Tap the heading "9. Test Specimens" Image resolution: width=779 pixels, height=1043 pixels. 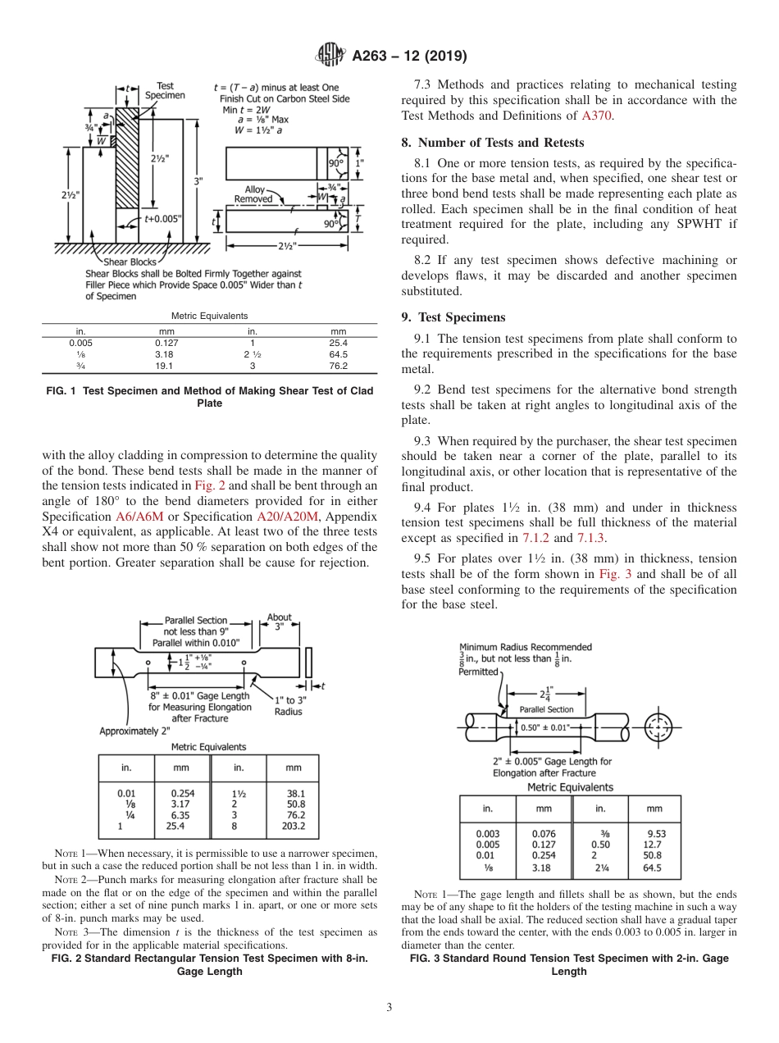(x=453, y=317)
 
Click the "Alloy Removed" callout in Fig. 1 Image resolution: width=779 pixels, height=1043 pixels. (x=254, y=194)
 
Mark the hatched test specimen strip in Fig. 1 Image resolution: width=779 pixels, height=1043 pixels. (x=127, y=164)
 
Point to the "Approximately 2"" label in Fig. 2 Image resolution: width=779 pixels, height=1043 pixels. (x=134, y=731)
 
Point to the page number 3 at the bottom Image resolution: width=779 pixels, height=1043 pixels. (x=389, y=1007)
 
